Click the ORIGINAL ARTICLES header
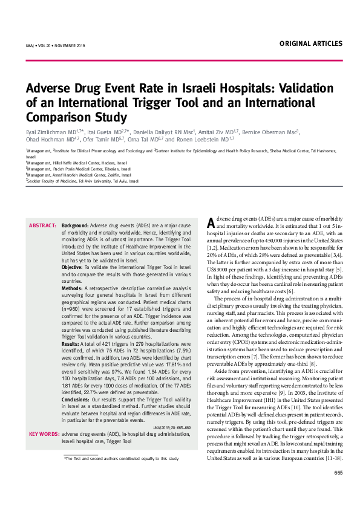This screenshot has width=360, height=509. [310, 44]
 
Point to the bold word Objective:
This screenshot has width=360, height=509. [73, 267]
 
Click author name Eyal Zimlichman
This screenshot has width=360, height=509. [46, 131]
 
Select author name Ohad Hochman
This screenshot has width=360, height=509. [44, 139]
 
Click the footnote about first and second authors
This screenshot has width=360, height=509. [121, 459]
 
